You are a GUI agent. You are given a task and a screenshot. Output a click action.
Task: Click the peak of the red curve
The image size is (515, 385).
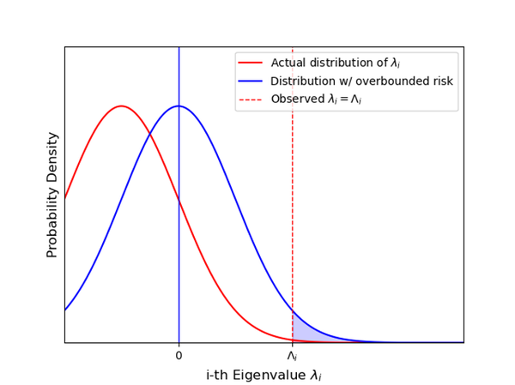click(122, 106)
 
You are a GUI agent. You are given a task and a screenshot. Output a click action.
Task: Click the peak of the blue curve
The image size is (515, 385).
click(179, 106)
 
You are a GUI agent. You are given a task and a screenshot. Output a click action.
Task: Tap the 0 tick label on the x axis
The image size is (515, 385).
click(179, 355)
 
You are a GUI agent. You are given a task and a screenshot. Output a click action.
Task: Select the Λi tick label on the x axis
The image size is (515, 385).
click(292, 355)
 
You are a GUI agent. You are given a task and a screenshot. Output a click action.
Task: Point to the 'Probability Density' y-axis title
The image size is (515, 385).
click(52, 195)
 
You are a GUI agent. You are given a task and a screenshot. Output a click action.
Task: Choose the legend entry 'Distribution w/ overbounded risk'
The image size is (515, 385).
click(361, 81)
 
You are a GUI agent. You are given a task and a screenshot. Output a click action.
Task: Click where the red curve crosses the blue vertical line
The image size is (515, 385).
click(179, 200)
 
